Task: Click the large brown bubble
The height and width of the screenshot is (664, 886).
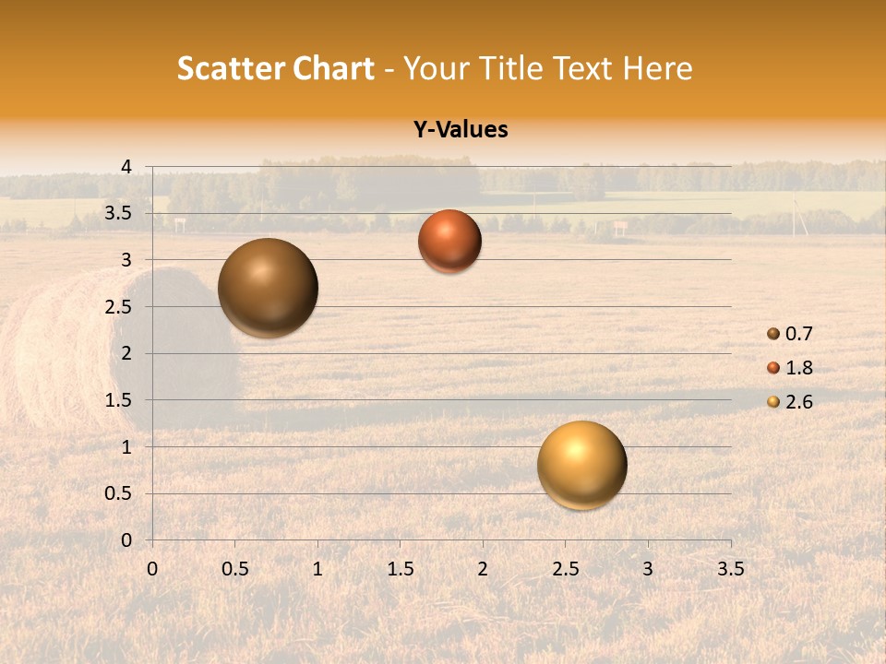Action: point(268,288)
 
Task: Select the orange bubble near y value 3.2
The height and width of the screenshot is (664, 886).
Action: point(449,241)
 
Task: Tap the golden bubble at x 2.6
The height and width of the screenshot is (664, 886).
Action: point(582,465)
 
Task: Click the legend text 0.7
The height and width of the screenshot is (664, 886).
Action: point(798,334)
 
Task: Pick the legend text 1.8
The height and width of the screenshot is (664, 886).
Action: point(798,368)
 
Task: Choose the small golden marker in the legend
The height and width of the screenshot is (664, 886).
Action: point(773,402)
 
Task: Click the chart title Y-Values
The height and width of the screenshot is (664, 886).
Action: point(461,130)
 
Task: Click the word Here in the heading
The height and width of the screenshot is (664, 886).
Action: point(657,68)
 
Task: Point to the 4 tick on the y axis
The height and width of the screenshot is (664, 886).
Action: point(126,167)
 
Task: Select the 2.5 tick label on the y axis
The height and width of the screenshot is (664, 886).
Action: point(118,307)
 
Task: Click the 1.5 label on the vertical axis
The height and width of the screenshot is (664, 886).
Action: point(118,400)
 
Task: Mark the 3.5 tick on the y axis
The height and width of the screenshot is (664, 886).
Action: point(118,214)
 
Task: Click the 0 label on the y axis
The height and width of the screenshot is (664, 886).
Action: point(126,540)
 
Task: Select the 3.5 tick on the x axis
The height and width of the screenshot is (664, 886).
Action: point(730,569)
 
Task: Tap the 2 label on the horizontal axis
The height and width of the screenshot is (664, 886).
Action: point(483,569)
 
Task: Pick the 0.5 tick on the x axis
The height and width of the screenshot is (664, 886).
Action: point(234,569)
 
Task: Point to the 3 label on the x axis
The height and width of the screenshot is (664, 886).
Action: point(648,569)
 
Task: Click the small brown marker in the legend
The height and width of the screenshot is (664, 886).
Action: point(773,334)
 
